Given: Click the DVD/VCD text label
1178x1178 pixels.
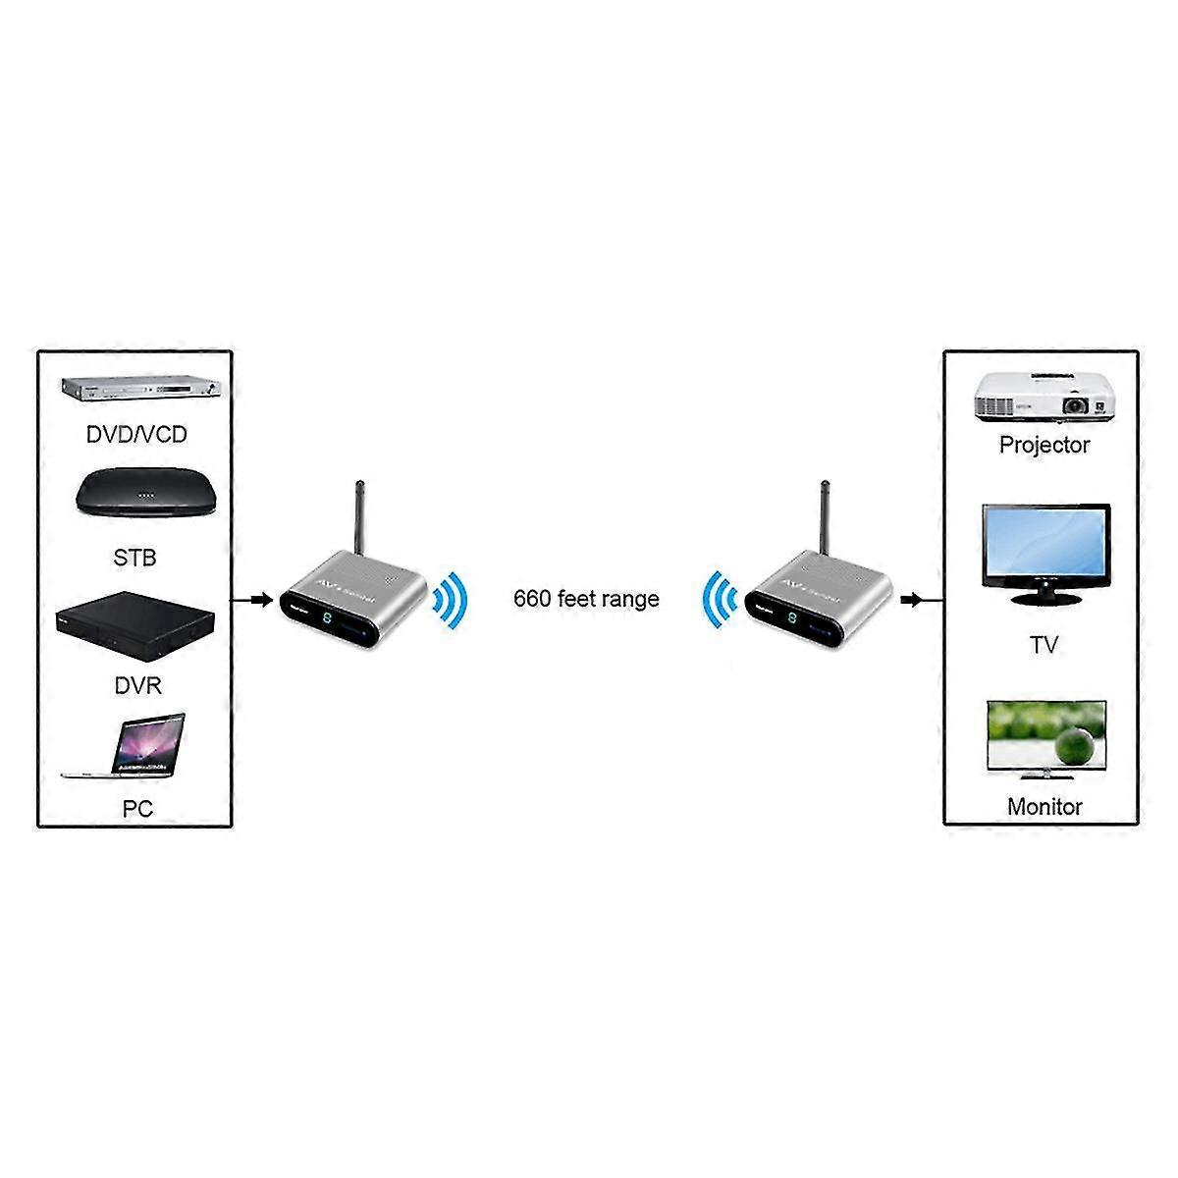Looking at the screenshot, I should (x=135, y=434).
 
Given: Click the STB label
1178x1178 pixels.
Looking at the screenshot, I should (x=135, y=559).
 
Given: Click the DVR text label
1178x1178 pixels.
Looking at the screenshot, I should (x=137, y=686).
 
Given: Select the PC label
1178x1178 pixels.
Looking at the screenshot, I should (x=137, y=810).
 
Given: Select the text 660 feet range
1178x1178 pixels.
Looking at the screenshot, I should (x=586, y=599).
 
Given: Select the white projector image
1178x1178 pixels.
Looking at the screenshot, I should (x=1044, y=397).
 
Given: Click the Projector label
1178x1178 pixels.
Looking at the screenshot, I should (x=1044, y=445).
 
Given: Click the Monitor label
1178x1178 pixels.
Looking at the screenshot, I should (x=1044, y=807).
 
